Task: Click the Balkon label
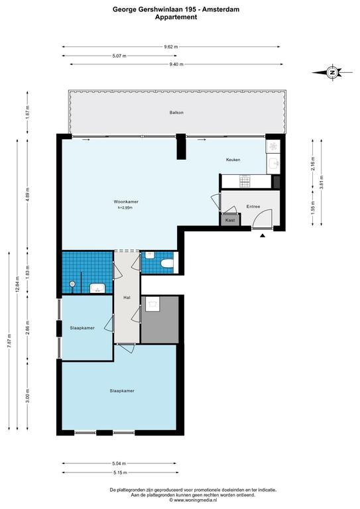[176, 113]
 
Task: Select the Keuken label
[232, 160]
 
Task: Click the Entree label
[253, 207]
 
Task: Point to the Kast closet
[230, 220]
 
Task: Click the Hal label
[126, 297]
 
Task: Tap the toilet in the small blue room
[166, 266]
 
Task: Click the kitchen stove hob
[244, 180]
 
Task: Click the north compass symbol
[333, 72]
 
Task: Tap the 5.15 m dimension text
[119, 472]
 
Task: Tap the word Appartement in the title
[176, 18]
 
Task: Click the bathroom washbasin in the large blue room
[97, 288]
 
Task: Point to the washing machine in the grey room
[152, 304]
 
